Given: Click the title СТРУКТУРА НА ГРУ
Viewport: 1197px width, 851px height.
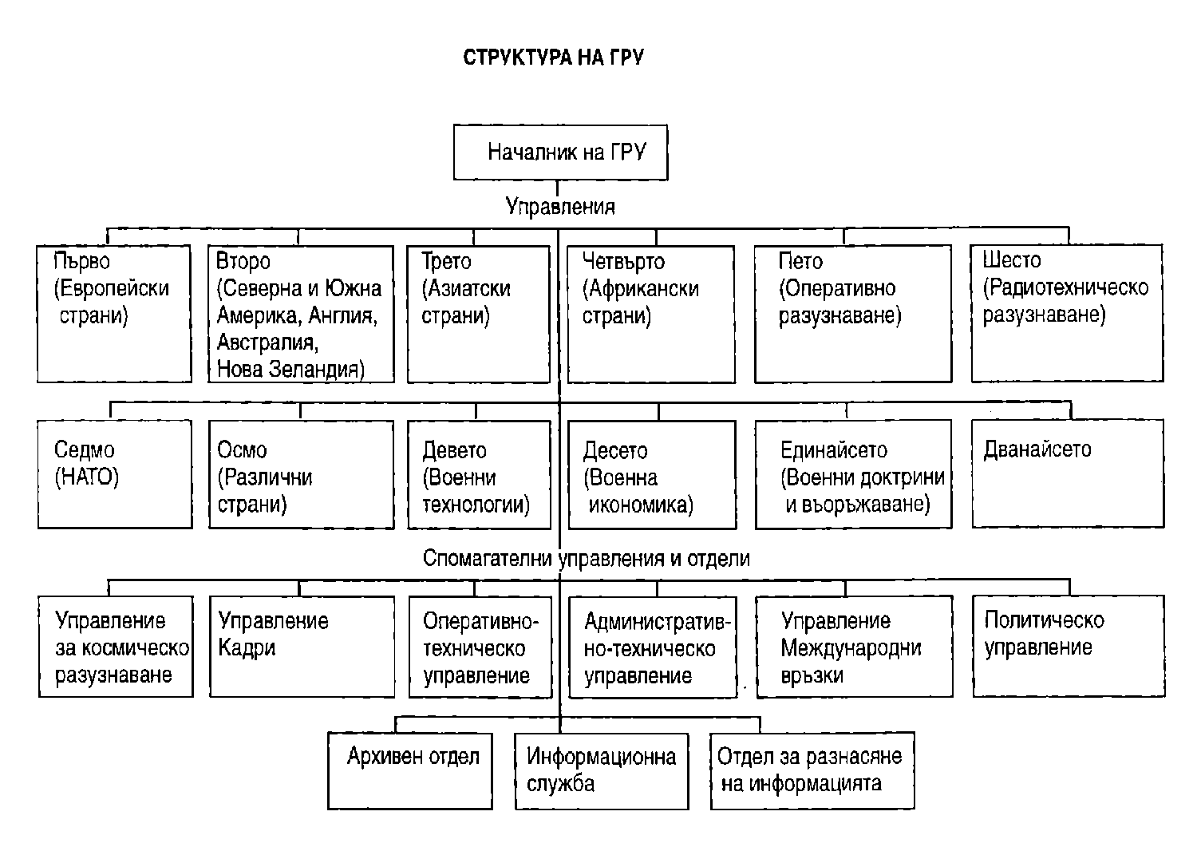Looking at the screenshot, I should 553,57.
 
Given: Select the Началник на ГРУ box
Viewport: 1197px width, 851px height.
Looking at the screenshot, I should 560,152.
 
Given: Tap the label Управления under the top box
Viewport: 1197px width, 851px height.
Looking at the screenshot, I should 560,207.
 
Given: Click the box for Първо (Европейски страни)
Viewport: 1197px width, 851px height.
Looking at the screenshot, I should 114,314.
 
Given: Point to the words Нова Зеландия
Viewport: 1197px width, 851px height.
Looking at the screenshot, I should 290,370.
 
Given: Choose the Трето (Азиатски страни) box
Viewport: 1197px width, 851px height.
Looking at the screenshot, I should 478,314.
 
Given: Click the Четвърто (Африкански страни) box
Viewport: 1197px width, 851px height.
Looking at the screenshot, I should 650,314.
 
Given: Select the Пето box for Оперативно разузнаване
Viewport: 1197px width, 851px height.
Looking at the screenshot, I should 852,314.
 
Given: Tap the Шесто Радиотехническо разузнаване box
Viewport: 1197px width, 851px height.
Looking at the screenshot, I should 1067,313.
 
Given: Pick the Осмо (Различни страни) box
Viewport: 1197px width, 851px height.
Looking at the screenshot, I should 301,475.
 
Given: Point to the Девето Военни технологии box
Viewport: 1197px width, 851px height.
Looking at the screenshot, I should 479,475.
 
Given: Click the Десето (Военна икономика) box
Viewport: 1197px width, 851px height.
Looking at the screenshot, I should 650,475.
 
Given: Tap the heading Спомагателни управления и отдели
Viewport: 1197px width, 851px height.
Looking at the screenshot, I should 586,558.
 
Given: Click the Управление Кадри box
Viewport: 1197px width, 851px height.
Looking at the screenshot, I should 301,646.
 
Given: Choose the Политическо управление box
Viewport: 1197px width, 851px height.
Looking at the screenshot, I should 1068,645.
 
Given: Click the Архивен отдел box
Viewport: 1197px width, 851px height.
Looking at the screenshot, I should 410,770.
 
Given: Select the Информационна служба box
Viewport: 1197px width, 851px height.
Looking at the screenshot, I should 601,770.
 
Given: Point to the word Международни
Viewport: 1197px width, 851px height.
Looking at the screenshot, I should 851,647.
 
